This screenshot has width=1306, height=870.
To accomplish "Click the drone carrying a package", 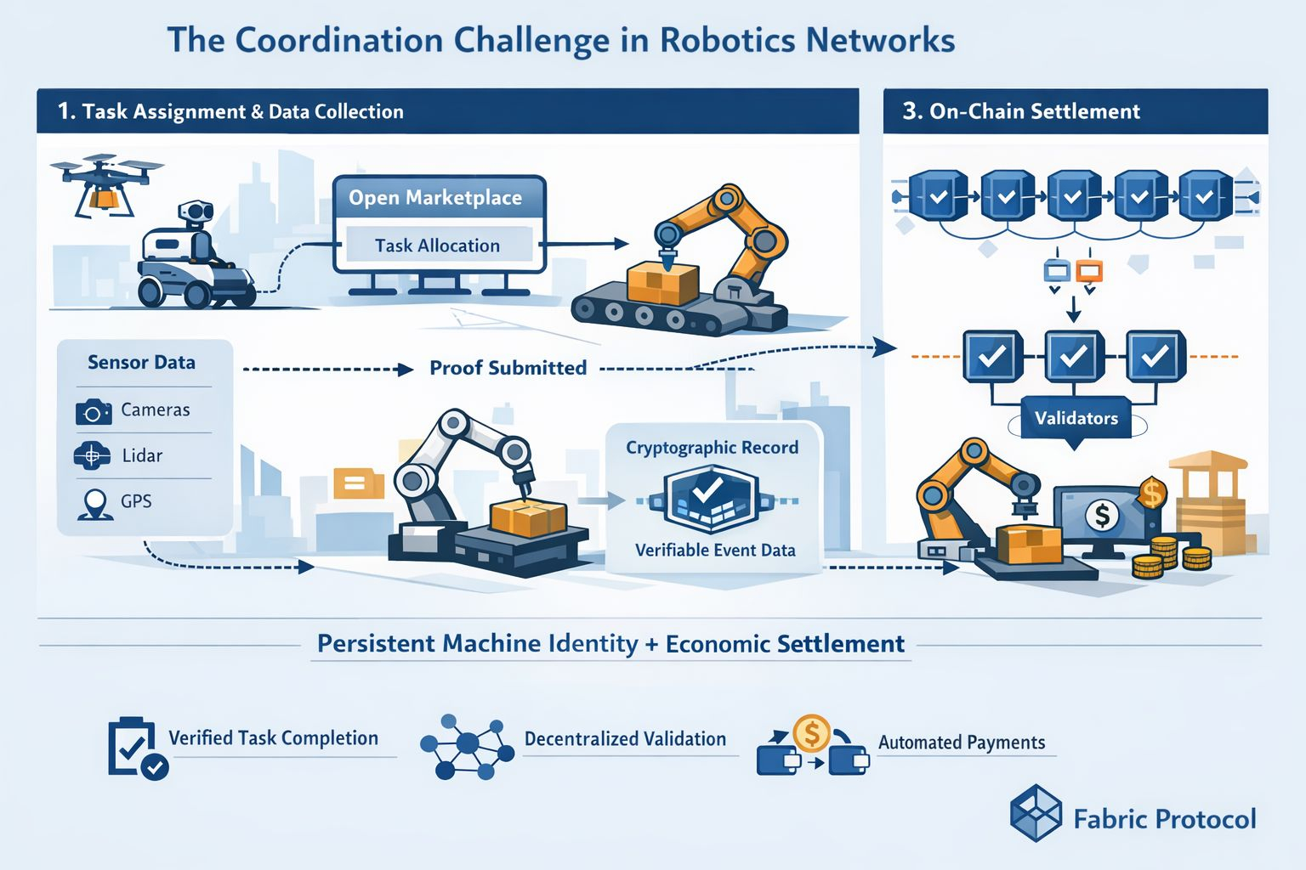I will click(x=106, y=183).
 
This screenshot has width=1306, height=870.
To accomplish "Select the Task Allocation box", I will click(x=438, y=246).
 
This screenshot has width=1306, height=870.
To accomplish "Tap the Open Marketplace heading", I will click(x=435, y=198).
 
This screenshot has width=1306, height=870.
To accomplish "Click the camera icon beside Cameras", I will click(x=93, y=412).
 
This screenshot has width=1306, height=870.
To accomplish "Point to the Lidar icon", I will click(x=92, y=456).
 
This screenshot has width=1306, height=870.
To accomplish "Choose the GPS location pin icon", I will click(x=94, y=504).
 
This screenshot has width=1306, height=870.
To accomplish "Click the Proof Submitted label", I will click(x=508, y=368).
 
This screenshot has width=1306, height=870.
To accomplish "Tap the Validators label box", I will click(x=1076, y=418).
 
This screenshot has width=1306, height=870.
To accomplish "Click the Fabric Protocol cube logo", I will click(x=1036, y=813).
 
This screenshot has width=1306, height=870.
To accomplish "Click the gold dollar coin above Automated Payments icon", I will click(x=811, y=732).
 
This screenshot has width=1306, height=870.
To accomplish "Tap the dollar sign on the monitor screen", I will click(x=1102, y=515).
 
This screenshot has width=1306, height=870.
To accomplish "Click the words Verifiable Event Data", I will click(x=715, y=551).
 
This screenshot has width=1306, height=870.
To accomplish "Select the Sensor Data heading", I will click(x=141, y=363).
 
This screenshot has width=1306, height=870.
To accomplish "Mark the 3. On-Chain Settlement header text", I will click(x=1020, y=111).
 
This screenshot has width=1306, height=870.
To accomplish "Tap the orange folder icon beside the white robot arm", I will click(x=354, y=483).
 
